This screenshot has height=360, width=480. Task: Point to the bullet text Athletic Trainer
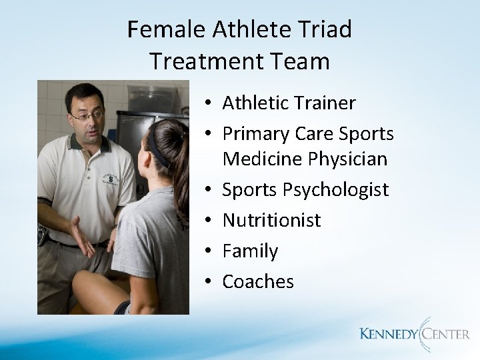(289, 103)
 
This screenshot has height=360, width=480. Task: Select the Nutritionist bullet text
(271, 220)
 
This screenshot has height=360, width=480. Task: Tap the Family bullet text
(249, 251)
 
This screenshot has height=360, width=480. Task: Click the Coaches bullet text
(257, 281)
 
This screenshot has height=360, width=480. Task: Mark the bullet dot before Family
(209, 251)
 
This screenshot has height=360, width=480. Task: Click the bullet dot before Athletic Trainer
(209, 104)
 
